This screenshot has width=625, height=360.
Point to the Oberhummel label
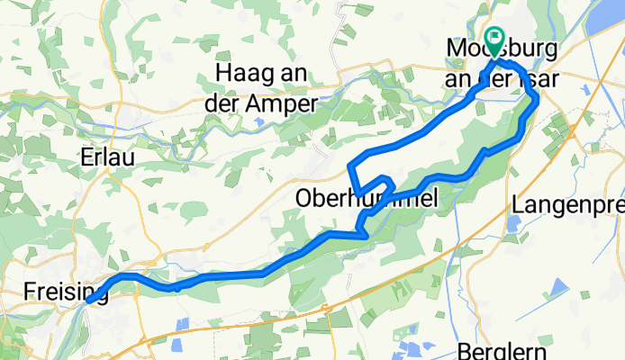368,198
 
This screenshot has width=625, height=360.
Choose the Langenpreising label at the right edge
567,204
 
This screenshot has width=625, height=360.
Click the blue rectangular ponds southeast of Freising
183,323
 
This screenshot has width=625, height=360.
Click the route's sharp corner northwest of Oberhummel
349,166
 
